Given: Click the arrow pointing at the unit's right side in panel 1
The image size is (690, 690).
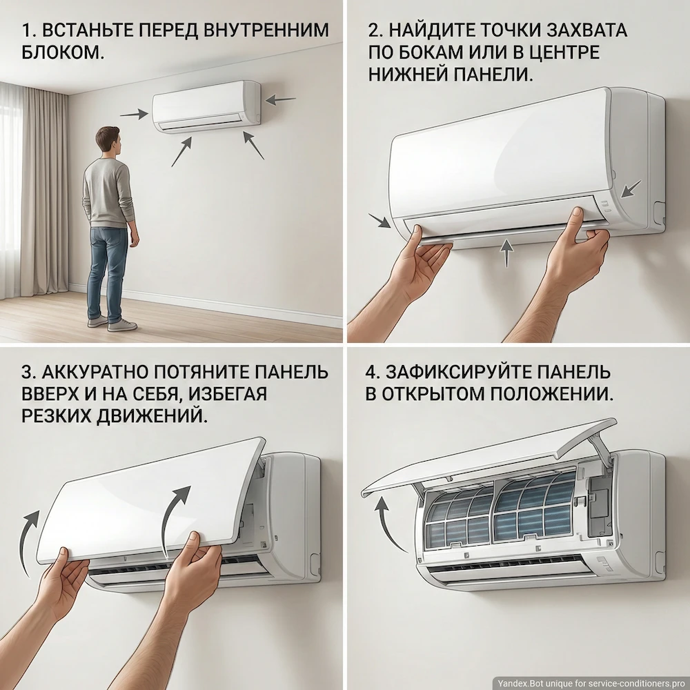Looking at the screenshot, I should coord(280,100).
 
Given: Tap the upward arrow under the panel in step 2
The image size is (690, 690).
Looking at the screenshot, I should coord(507,253).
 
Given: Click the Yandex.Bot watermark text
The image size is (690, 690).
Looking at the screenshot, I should coord(590,682).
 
